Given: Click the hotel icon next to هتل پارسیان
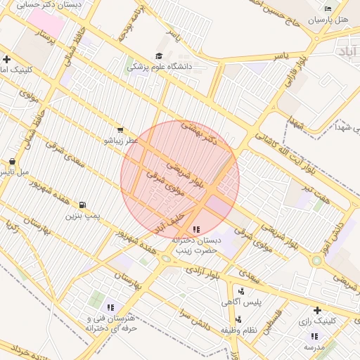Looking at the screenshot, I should (x=328, y=8).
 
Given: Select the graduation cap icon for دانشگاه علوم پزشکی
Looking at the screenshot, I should (x=159, y=56).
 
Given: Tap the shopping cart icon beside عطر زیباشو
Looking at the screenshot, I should (x=121, y=129).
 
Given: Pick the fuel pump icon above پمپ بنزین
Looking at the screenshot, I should (x=84, y=205).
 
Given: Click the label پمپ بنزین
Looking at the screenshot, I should (x=84, y=216).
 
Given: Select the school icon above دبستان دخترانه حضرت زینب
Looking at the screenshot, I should (x=195, y=229).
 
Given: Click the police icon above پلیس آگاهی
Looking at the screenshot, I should (x=242, y=291).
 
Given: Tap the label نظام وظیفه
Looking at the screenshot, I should (x=242, y=329).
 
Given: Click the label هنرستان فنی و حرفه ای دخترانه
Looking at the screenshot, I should (x=111, y=323).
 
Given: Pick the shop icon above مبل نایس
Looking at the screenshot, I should (x=12, y=161).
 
